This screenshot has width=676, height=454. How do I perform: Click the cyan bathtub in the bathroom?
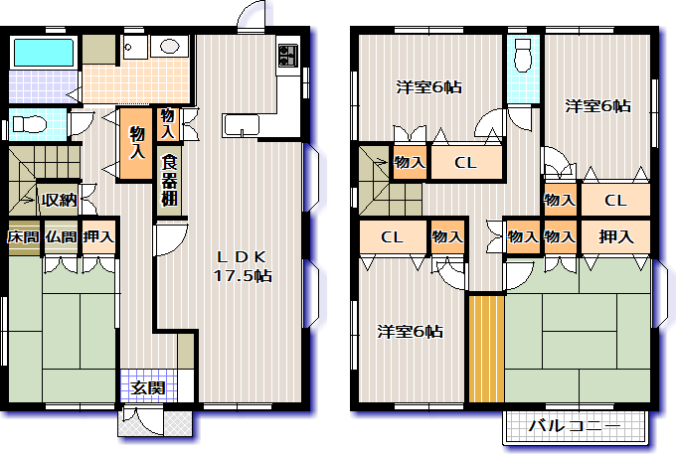[44, 53]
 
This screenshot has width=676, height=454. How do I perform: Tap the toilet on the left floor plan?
[29, 124]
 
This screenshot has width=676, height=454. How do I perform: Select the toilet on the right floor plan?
[524, 55]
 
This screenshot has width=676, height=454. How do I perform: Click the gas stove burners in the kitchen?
[288, 56]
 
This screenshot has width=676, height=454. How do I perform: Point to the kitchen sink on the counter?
[241, 125]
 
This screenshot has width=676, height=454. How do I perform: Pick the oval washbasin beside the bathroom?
[169, 46]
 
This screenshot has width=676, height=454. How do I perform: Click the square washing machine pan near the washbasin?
[135, 48]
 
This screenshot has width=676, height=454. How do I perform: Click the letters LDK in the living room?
[242, 257]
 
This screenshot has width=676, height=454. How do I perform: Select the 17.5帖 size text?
[243, 275]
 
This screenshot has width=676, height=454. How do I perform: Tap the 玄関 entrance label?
[148, 388]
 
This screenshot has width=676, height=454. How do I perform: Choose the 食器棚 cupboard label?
[169, 181]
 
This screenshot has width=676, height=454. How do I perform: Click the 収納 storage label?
[59, 200]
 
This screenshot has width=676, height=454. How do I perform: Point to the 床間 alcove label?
[23, 236]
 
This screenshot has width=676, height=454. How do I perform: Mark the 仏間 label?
[61, 236]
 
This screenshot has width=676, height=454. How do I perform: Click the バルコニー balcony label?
[575, 426]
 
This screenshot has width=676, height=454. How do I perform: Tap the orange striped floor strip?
[487, 349]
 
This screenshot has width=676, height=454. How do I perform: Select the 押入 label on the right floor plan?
[616, 236]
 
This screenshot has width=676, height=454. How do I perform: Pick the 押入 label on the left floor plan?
[99, 236]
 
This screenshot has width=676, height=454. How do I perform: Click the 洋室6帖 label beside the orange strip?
[410, 332]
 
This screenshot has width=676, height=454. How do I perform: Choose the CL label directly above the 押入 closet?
[615, 201]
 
